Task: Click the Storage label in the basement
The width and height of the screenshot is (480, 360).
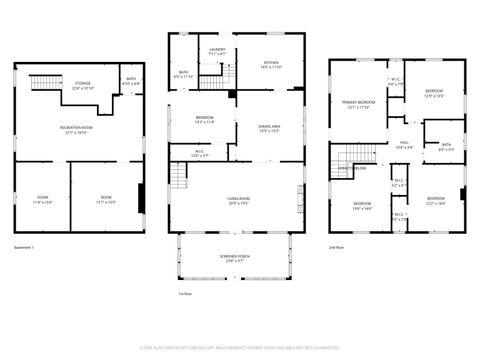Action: tap(82, 84)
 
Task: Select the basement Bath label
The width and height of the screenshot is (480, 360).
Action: tap(131, 80)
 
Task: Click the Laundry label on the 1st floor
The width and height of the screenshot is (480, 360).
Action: tap(217, 49)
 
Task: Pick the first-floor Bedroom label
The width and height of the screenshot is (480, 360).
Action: tap(204, 120)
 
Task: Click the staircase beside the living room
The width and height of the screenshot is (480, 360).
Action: tap(178, 177)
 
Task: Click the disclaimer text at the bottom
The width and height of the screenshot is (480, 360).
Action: tap(239, 347)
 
